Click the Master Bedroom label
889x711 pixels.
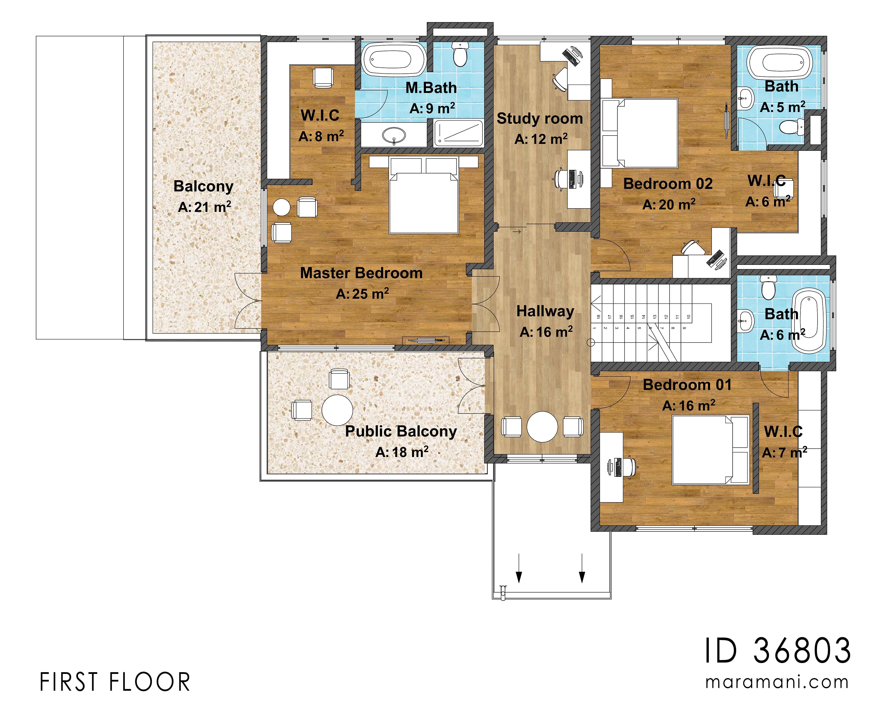(361, 273)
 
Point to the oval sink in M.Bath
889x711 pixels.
(394, 134)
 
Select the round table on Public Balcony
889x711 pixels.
(337, 410)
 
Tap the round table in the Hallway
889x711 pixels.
(542, 427)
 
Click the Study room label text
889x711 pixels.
(540, 119)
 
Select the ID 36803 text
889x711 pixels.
(777, 651)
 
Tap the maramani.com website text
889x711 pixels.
(777, 682)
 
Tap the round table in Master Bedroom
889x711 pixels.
(282, 207)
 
